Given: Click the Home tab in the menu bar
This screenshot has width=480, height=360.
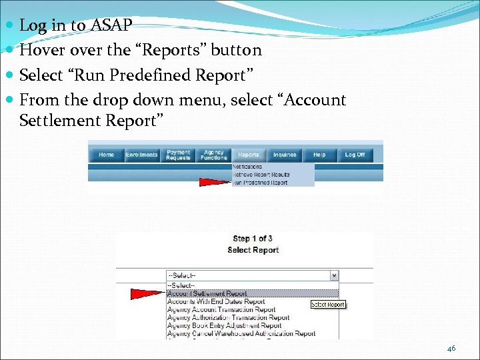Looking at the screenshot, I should tap(106, 155).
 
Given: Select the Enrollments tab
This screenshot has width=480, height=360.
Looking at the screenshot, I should tap(142, 155).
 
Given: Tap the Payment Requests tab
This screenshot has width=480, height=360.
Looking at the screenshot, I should tap(179, 155).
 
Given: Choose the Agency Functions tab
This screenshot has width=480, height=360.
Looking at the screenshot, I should tap(214, 155).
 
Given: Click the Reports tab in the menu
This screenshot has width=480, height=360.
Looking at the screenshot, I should tap(249, 155).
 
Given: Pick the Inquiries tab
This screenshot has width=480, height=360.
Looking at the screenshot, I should tap(285, 155).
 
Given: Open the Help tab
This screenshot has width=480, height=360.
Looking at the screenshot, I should tap(319, 155).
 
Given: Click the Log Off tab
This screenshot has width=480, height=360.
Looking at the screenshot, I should tap(355, 155).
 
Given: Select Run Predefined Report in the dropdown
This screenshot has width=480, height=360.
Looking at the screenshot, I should tap(261, 182).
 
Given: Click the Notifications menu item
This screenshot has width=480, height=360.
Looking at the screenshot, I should tap(248, 167).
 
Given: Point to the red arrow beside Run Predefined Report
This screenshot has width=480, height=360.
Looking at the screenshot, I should tap(215, 182).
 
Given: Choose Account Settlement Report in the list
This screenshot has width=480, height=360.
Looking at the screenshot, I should tap(207, 293).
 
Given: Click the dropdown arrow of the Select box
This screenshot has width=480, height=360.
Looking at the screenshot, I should tap(334, 276).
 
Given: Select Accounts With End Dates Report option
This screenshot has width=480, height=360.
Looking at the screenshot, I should tap(216, 301).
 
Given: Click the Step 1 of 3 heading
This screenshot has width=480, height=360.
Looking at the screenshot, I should tap(253, 239).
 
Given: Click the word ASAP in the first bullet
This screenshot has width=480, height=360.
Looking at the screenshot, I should tap(111, 25).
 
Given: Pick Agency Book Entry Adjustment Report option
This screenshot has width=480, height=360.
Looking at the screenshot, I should tap(225, 325).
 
